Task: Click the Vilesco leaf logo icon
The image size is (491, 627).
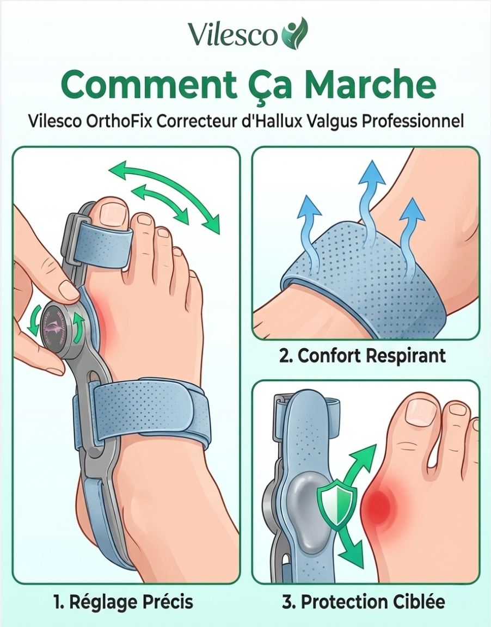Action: tap(294, 33)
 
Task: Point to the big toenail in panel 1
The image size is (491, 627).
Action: tap(113, 211)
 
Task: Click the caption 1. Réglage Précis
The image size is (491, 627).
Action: tap(123, 602)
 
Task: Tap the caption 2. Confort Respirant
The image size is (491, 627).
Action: tap(362, 355)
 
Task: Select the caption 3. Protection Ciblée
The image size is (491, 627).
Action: tap(364, 602)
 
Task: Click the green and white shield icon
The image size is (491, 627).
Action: tap(336, 505)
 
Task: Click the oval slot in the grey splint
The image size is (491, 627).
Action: tap(94, 378)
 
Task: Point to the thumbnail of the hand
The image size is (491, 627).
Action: tap(69, 291)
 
